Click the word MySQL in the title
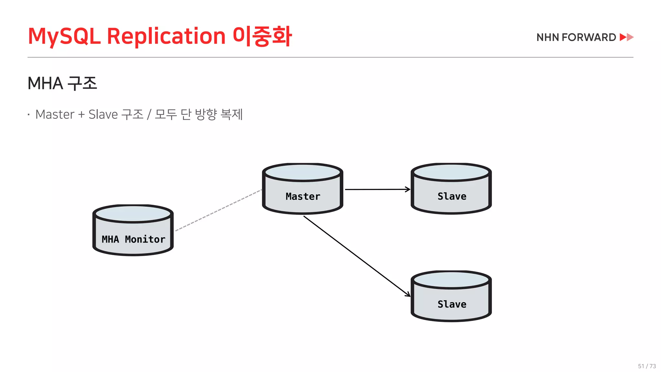64,36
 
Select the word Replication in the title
166,36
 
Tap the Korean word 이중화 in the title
262,36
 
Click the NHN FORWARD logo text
576,37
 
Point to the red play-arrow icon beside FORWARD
626,37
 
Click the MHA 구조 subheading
62,83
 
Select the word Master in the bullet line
55,115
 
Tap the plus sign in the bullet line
81,115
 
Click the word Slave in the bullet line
103,115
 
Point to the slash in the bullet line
149,115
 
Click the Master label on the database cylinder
303,196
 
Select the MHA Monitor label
133,239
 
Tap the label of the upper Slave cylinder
452,196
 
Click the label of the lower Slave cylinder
452,304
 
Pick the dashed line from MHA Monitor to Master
219,210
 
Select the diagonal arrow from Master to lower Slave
357,255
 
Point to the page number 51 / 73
647,366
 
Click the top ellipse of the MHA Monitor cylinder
133,214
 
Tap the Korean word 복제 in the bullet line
231,115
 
